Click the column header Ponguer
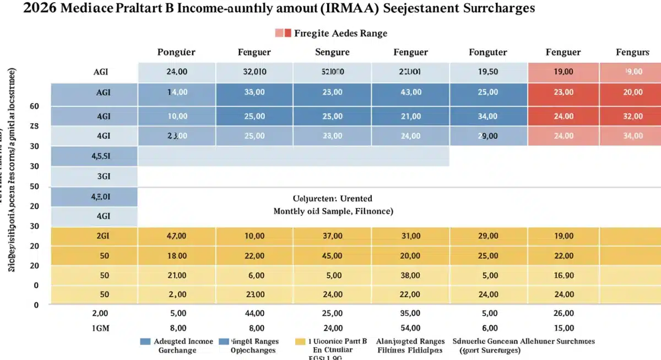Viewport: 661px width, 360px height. click(x=176, y=52)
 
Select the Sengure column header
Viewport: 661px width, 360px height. click(x=332, y=52)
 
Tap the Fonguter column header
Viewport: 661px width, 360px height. click(x=487, y=52)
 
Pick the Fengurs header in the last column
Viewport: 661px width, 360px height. click(x=632, y=52)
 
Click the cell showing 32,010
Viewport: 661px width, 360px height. click(x=254, y=72)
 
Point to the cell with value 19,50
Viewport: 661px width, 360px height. click(x=487, y=72)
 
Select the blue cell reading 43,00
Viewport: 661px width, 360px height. click(x=410, y=92)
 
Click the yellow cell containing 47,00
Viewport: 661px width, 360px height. click(x=176, y=236)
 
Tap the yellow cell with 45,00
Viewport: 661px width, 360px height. click(x=332, y=256)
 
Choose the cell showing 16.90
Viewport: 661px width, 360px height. click(x=563, y=275)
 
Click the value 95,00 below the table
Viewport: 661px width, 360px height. click(x=410, y=314)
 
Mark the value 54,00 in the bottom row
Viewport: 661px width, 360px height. click(x=410, y=329)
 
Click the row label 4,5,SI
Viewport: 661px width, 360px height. click(x=101, y=155)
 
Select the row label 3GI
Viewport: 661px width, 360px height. click(x=103, y=176)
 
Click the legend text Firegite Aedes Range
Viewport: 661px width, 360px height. click(x=340, y=33)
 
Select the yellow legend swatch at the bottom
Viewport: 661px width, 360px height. click(x=300, y=341)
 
